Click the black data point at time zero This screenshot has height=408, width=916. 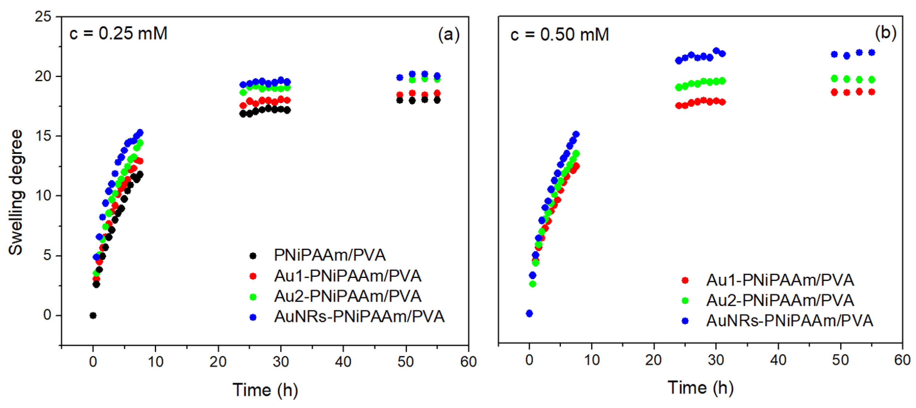click(93, 316)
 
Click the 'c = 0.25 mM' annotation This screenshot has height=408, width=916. click(119, 34)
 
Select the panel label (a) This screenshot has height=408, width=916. click(449, 35)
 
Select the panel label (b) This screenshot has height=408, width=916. click(885, 33)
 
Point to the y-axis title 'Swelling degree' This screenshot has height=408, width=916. click(16, 192)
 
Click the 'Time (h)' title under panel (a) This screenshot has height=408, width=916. click(265, 390)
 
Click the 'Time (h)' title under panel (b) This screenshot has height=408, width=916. click(701, 387)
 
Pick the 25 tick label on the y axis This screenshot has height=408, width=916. click(43, 17)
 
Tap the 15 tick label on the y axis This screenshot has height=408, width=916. click(43, 136)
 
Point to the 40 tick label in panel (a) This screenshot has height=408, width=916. click(343, 362)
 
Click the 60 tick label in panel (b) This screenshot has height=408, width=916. click(902, 360)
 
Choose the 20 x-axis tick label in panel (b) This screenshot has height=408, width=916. click(654, 360)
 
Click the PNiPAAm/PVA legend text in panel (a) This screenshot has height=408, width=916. click(330, 255)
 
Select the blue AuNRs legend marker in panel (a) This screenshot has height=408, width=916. click(253, 317)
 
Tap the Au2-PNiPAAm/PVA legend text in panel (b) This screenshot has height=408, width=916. click(780, 300)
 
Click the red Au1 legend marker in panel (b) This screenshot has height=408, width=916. click(685, 280)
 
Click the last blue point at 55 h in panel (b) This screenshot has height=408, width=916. click(872, 53)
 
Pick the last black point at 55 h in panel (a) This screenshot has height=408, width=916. click(437, 100)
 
